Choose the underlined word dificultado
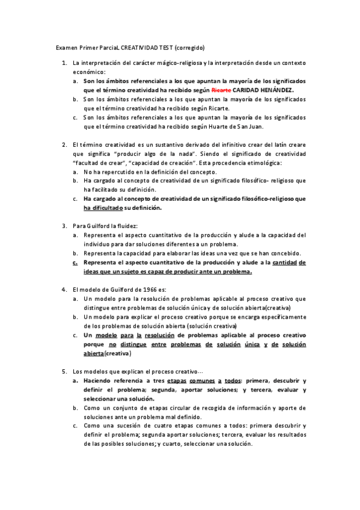click(x=103, y=208)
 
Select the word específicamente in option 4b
click(x=279, y=316)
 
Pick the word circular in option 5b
click(x=173, y=407)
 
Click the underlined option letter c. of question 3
click(x=75, y=262)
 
